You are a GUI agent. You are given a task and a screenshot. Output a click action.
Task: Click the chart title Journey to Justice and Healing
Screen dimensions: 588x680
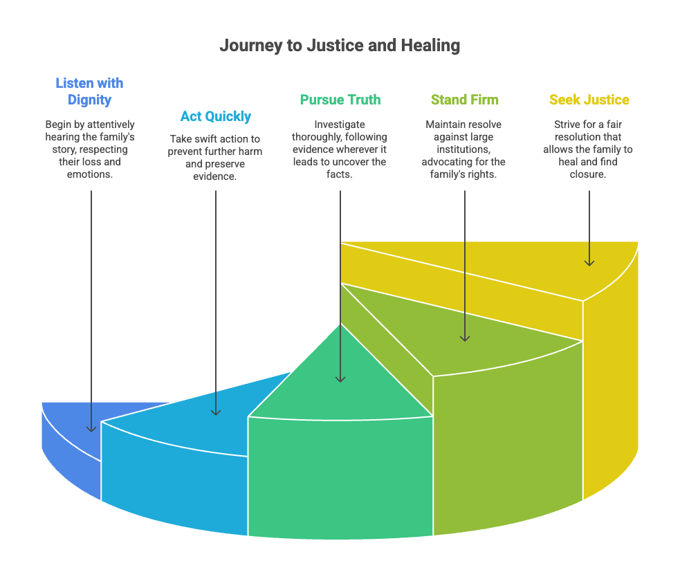tap(340, 46)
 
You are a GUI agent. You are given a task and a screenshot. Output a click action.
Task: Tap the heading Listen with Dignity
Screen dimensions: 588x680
tap(89, 91)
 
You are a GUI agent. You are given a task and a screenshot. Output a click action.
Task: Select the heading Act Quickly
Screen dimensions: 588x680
tap(216, 116)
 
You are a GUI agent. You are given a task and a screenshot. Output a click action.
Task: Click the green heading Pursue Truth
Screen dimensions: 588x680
tap(340, 100)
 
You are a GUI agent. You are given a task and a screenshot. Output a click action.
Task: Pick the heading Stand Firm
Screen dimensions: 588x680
tap(464, 100)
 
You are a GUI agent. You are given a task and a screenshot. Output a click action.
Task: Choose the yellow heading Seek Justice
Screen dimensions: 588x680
tap(589, 100)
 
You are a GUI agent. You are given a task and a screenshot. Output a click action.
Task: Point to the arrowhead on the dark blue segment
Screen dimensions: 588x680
tap(91, 428)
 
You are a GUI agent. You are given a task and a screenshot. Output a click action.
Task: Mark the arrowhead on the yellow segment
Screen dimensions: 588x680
tap(589, 261)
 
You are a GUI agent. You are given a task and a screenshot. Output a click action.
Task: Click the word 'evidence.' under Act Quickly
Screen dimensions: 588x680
tap(215, 175)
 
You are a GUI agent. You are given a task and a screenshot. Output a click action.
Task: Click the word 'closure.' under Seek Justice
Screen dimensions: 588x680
tap(589, 174)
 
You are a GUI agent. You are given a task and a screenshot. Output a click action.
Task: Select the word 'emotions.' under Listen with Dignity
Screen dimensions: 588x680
tap(90, 174)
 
